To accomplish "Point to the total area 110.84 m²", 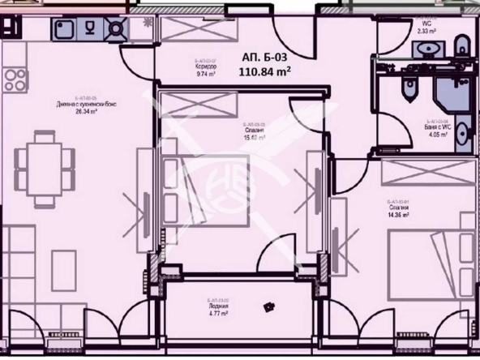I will pos(264,71).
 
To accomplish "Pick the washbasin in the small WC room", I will pos(423,49).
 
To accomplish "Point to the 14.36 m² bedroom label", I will pos(401,210).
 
